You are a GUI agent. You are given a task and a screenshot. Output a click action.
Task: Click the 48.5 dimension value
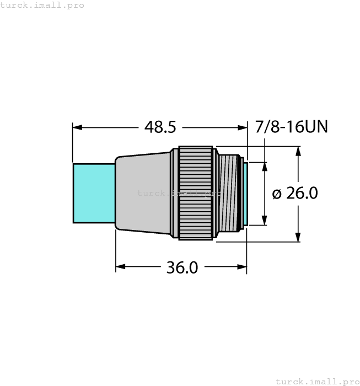tap(160, 127)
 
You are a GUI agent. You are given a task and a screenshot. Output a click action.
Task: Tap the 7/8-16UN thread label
tap(292, 127)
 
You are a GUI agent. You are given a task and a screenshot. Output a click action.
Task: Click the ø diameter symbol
tap(277, 194)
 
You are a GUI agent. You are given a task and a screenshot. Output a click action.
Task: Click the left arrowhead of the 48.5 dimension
tap(77, 127)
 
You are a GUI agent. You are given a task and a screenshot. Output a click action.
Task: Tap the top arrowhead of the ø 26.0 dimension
tap(298, 151)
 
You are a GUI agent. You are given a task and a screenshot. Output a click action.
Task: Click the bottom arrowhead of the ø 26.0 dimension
tap(298, 237)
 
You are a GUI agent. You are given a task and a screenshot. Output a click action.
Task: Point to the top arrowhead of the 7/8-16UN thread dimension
tap(266, 167)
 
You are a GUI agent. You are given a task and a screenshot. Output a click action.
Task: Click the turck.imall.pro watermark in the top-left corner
tap(42, 5)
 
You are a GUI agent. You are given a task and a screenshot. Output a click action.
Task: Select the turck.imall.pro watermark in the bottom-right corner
tap(317, 381)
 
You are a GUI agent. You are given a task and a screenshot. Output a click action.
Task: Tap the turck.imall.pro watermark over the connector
tap(178, 193)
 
